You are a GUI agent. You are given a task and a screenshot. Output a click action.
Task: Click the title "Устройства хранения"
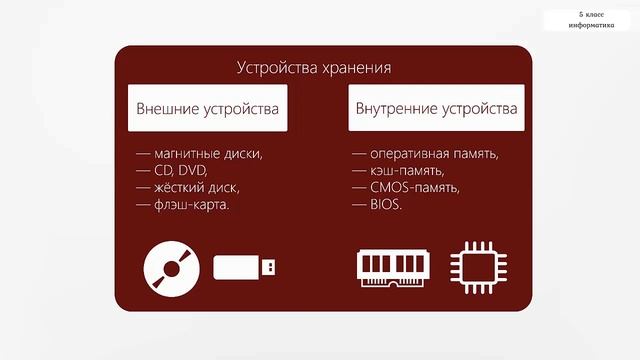[x=313, y=68]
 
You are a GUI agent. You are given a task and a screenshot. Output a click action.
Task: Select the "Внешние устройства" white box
[x=207, y=107]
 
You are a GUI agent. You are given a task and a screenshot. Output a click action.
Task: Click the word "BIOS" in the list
[x=384, y=205]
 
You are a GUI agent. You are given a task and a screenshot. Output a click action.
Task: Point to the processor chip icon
[x=476, y=267]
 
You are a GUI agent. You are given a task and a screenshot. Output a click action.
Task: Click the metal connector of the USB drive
[x=270, y=267]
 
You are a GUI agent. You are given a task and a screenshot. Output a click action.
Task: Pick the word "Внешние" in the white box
[x=168, y=107]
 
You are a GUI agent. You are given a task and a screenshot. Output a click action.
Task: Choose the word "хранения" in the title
[x=355, y=68]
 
